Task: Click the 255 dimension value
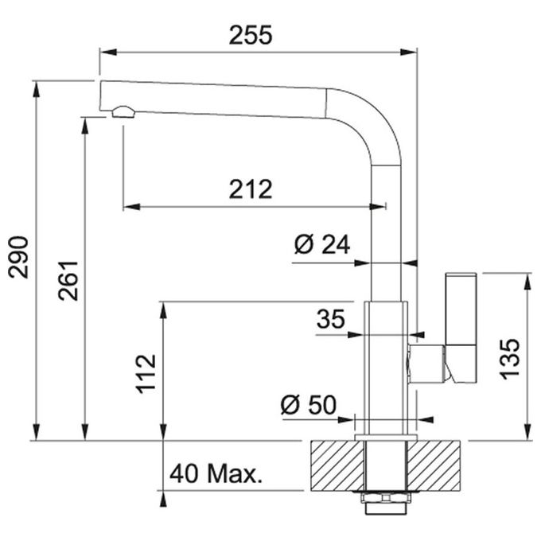pyautogui.click(x=251, y=35)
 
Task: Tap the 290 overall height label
pyautogui.click(x=18, y=257)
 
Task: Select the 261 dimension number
pyautogui.click(x=68, y=281)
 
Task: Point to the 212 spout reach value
pyautogui.click(x=251, y=189)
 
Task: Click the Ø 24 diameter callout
pyautogui.click(x=322, y=244)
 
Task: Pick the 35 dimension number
pyautogui.click(x=330, y=319)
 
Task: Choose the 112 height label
pyautogui.click(x=146, y=374)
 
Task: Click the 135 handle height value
pyautogui.click(x=510, y=359)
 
